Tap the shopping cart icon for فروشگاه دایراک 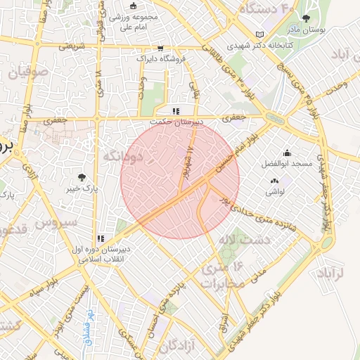pyautogui.click(x=161, y=49)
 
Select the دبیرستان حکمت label pyautogui.click(x=179, y=122)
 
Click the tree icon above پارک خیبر pyautogui.click(x=83, y=177)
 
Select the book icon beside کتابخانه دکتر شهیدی pyautogui.click(x=260, y=34)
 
